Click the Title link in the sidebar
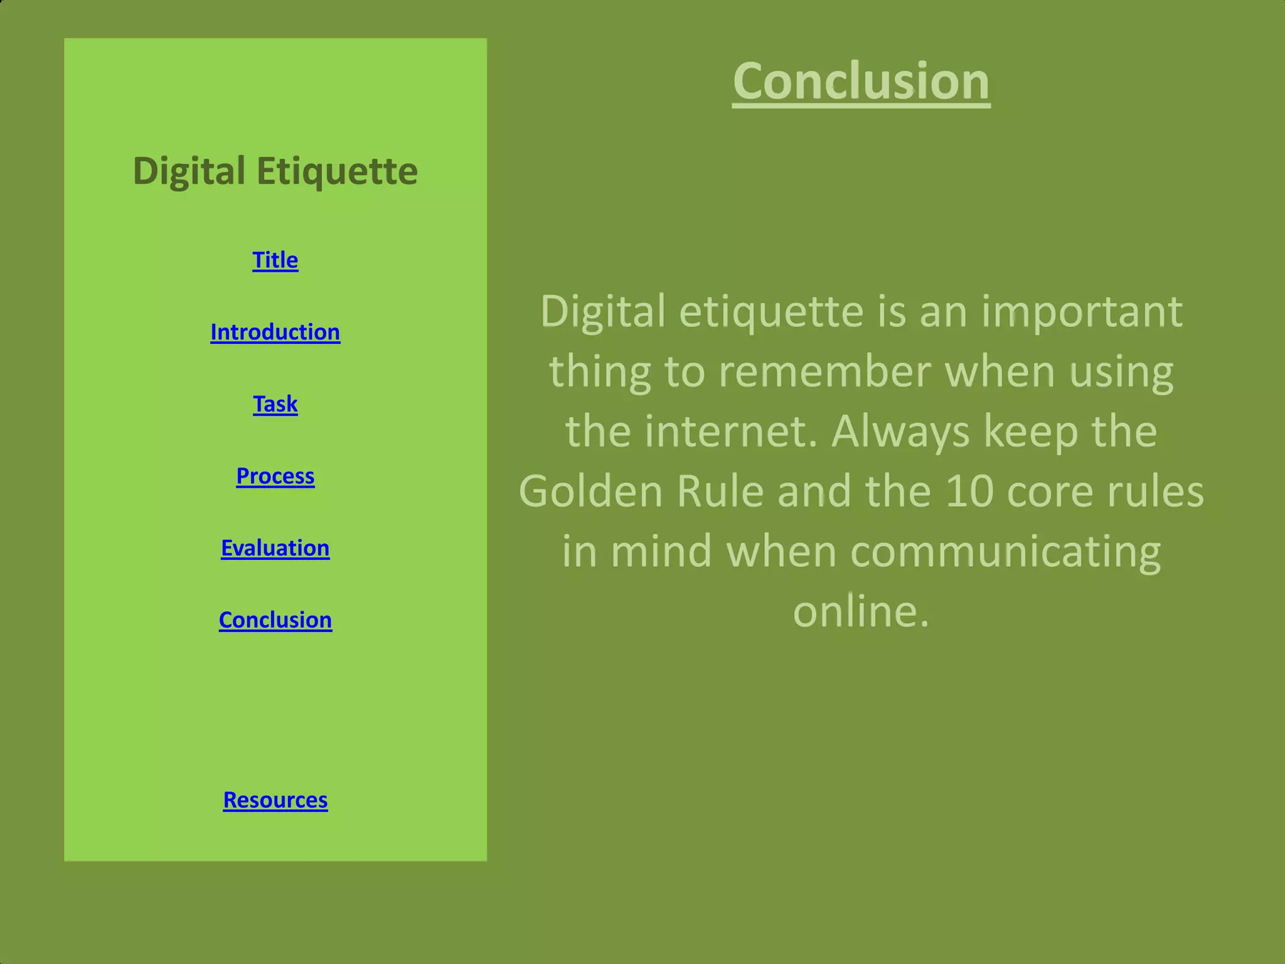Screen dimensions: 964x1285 275,260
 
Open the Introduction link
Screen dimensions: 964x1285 275,332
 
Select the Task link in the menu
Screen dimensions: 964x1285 275,404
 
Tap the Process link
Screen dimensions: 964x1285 275,476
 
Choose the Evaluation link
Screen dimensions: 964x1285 275,549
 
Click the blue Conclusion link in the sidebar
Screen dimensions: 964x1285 275,620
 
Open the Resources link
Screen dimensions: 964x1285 275,800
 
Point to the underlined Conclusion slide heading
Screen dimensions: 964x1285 861,81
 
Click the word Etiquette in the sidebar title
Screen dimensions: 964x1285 337,171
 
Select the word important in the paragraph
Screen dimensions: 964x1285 1082,311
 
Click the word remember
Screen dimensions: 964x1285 824,372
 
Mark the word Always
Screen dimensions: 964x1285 900,431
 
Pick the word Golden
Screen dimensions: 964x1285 590,491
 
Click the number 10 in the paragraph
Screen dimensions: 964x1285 969,491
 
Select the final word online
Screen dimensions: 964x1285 860,611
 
